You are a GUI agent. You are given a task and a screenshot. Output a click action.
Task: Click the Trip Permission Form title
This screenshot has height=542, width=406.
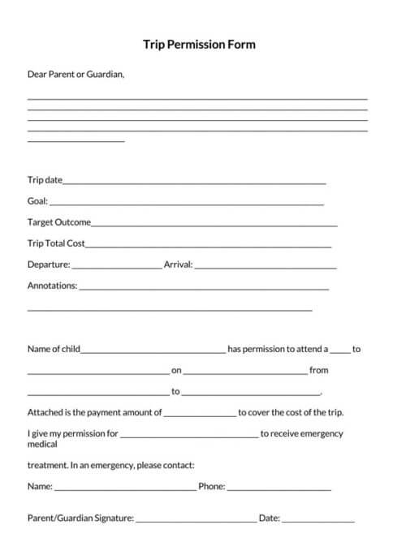[199, 45]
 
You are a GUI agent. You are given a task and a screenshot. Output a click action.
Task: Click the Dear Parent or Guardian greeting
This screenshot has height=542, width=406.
[76, 74]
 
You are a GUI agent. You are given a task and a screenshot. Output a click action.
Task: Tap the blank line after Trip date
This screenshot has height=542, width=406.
[195, 182]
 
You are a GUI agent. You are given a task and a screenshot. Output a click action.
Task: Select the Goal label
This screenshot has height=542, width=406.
[37, 200]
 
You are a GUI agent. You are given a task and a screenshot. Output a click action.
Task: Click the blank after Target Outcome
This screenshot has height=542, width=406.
[214, 224]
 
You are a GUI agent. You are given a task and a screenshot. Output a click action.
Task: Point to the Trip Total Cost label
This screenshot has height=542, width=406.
[56, 243]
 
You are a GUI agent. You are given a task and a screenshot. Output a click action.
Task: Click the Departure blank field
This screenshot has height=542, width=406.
[118, 266]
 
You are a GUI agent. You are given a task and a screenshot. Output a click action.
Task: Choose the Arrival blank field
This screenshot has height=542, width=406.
[266, 266]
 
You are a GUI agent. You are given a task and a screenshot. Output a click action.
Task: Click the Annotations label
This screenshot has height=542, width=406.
[52, 286]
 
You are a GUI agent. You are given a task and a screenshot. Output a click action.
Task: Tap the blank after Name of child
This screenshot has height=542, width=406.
[153, 351]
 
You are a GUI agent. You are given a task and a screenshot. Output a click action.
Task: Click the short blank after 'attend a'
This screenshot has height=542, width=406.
[340, 351]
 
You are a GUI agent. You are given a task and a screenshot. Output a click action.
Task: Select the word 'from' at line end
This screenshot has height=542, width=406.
[319, 370]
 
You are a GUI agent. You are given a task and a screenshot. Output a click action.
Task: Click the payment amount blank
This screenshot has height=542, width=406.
[200, 415]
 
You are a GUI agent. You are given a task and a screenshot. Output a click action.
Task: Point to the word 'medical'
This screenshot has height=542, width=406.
[43, 444]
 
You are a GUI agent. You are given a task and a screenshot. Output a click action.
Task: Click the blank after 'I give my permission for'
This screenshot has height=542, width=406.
[189, 436]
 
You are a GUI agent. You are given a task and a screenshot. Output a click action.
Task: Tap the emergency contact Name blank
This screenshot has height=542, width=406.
[125, 489]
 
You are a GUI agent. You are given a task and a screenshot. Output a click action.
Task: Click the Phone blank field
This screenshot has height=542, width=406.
[279, 489]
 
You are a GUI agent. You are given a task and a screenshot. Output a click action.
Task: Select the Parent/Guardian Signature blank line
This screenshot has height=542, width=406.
[195, 520]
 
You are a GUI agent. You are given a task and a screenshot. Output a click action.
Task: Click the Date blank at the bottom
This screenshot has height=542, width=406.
[318, 520]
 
